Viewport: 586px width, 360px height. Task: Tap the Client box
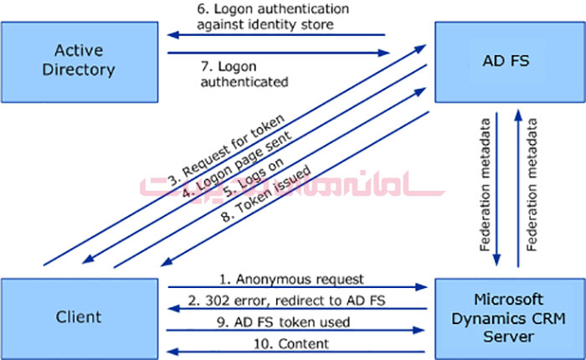click(x=79, y=316)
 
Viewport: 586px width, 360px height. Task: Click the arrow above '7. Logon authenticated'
click(x=280, y=54)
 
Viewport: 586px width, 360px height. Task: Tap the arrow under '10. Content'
click(x=296, y=352)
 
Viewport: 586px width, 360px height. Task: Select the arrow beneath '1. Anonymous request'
click(x=296, y=287)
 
